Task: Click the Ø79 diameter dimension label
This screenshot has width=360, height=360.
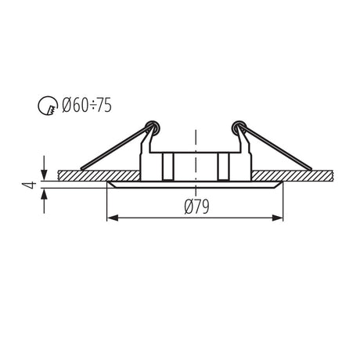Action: pos(196,207)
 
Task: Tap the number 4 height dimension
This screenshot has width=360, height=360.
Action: pos(29,185)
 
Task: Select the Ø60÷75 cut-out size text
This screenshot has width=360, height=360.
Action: pos(87,105)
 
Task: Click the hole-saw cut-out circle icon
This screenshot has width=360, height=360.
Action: pos(48,106)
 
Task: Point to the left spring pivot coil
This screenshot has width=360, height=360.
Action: pos(153,128)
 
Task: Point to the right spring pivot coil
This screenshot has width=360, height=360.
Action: pos(239,128)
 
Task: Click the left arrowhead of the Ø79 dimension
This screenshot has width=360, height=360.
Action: pos(113,218)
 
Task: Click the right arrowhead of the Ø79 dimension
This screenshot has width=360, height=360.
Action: pos(277,218)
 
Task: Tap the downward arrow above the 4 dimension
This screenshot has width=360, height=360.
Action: pos(45,167)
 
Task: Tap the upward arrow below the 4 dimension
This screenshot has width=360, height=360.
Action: pos(45,201)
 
